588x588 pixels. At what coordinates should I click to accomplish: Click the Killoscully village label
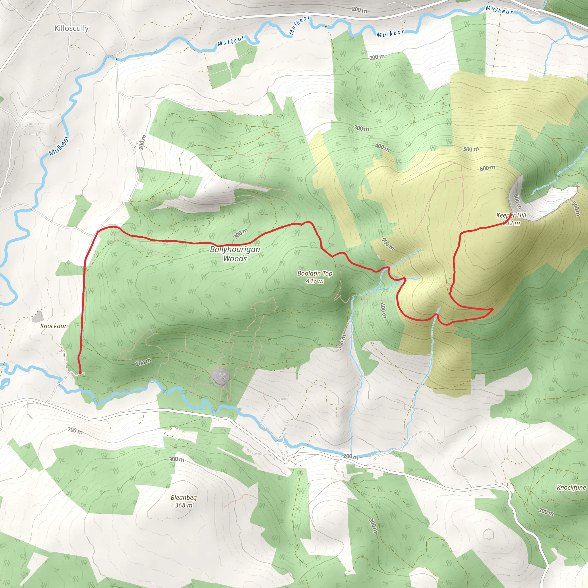point(71,28)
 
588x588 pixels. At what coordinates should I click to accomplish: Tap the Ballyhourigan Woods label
point(235,254)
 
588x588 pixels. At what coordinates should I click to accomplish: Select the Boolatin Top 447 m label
point(315,277)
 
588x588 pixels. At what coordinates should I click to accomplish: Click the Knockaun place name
point(54,326)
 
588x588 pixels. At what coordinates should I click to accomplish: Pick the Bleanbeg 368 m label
point(183,501)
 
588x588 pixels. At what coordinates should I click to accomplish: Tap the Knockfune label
point(571,488)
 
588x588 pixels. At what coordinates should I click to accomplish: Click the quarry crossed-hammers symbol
point(222,376)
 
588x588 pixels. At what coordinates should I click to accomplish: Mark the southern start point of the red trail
point(80,372)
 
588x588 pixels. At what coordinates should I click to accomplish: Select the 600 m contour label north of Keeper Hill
point(487,168)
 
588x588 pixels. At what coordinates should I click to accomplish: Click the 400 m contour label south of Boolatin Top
point(383,311)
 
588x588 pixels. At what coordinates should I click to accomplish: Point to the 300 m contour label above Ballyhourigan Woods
point(240,234)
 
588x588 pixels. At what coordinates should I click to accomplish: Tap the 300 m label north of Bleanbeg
point(177,459)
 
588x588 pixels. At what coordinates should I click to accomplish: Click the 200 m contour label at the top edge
point(359,10)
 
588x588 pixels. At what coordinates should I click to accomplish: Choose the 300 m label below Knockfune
point(546,512)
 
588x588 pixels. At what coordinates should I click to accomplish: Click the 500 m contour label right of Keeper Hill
point(575,209)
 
